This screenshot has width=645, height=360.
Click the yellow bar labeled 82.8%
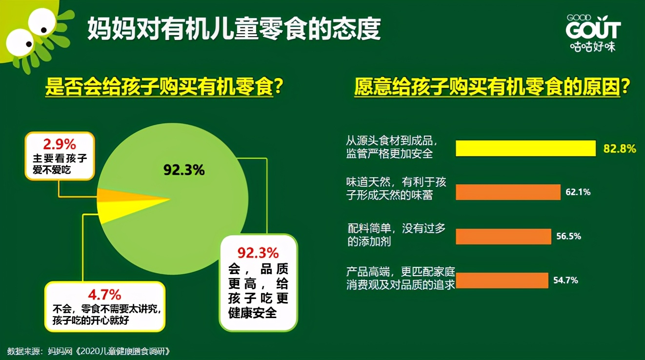tap(525, 148)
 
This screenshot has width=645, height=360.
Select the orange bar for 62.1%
tap(508, 192)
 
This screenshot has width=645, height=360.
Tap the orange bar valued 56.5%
tap(503, 236)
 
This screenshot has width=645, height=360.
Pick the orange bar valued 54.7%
tap(502, 280)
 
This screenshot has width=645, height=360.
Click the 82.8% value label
tap(620, 148)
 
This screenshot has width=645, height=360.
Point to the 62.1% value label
tap(578, 192)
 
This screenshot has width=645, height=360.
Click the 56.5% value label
tap(568, 236)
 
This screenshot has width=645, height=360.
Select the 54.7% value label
tap(565, 280)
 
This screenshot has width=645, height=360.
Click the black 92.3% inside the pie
tap(184, 170)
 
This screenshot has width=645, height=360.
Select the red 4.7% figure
tap(104, 295)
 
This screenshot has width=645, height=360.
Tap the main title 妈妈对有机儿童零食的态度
tap(234, 29)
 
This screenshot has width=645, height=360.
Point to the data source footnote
tap(90, 351)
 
